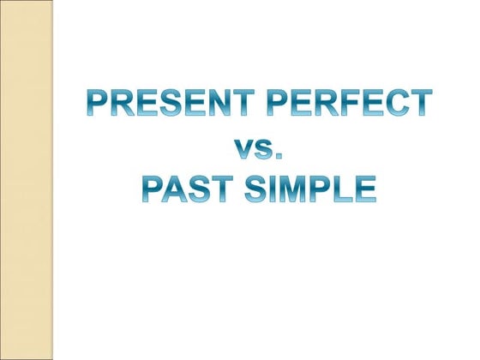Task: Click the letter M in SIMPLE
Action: [x=296, y=188]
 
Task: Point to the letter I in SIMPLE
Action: [x=274, y=188]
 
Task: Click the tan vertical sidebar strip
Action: [x=27, y=180]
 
